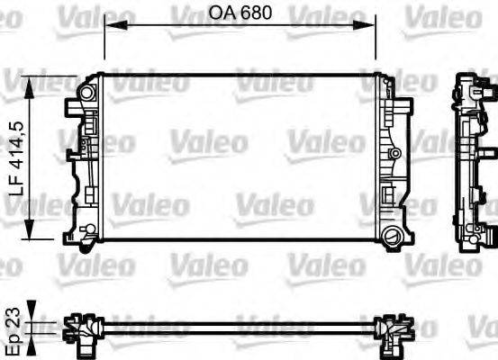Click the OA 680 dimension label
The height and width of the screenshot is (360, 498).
point(240,13)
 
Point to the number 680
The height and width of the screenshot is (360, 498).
point(255,13)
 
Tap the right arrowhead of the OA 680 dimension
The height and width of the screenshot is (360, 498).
point(372,27)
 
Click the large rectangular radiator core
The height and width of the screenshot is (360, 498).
point(240,157)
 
